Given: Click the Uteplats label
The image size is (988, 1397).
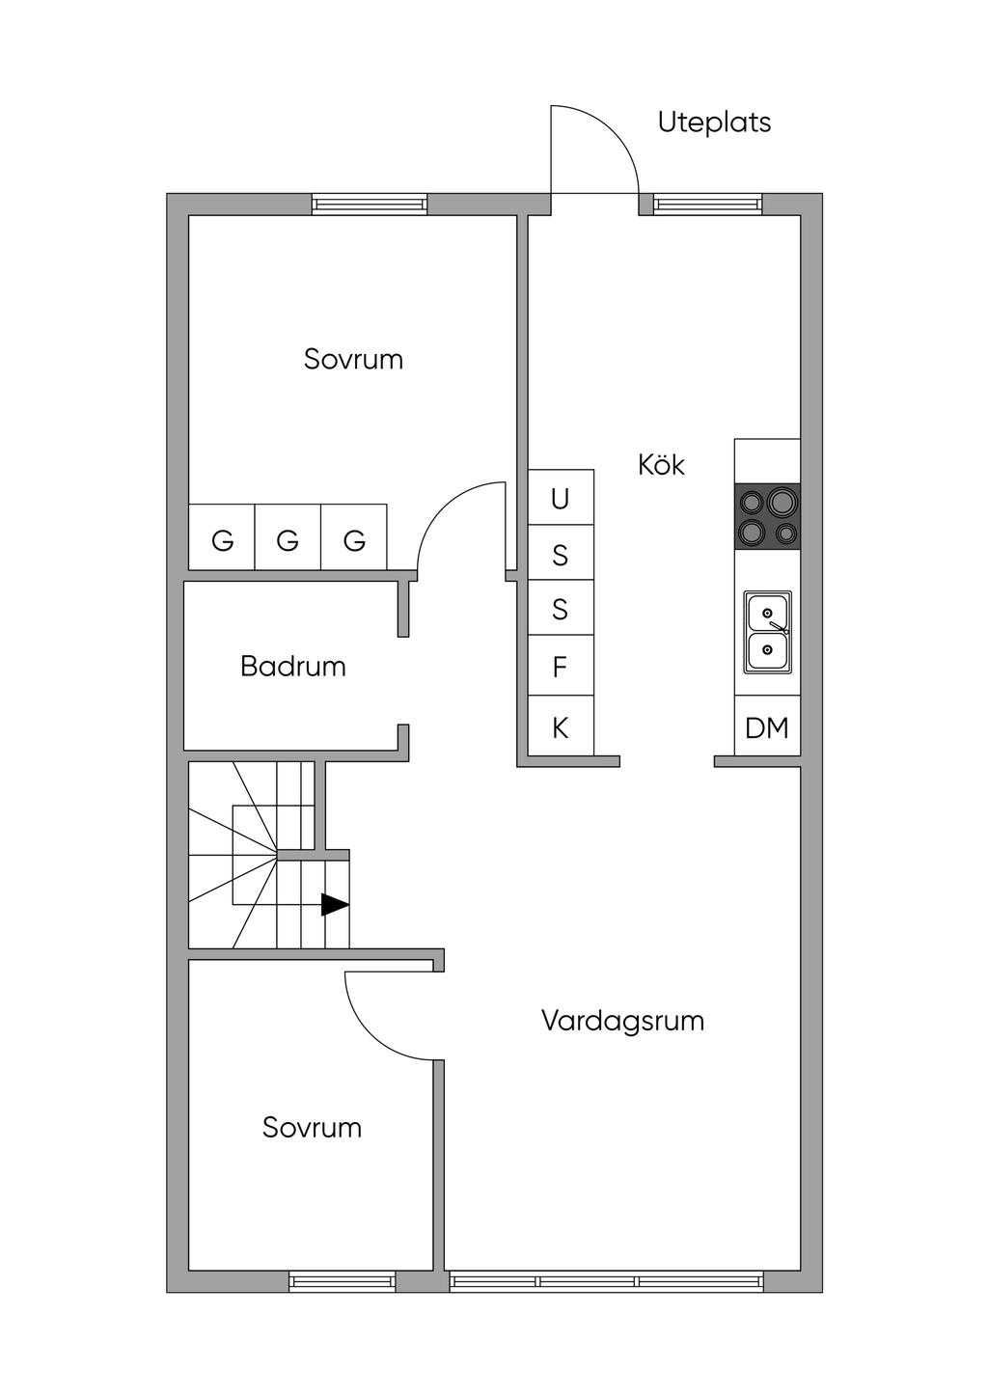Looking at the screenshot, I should tap(714, 123).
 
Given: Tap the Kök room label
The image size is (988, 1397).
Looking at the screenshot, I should tap(661, 465).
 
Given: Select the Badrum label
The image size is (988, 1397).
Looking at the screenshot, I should tap(292, 666).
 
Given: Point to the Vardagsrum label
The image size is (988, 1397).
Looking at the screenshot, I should tap(622, 1021).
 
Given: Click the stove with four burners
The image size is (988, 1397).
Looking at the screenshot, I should tap(767, 516).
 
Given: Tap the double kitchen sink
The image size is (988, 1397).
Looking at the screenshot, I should tap(767, 632).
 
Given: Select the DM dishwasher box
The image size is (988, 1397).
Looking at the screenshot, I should tap(767, 728).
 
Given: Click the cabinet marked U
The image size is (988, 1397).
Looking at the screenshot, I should tap(560, 499).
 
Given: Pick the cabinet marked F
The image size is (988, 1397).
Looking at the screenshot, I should tap(560, 666).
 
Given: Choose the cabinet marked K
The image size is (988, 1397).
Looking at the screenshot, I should tap(560, 728).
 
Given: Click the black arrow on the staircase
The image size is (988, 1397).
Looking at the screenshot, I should tap(334, 905).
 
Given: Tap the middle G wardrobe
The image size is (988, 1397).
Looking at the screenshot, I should tap(288, 539).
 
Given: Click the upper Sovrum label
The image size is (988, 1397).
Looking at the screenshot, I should tap(353, 359).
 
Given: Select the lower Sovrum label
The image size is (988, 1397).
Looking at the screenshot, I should tap(312, 1127).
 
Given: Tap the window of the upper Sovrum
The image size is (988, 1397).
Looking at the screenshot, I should tap(369, 205).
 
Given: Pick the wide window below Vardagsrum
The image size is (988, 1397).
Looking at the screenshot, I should tap(606, 1282).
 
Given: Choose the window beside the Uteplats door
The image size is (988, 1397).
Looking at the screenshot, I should tap(707, 204).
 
